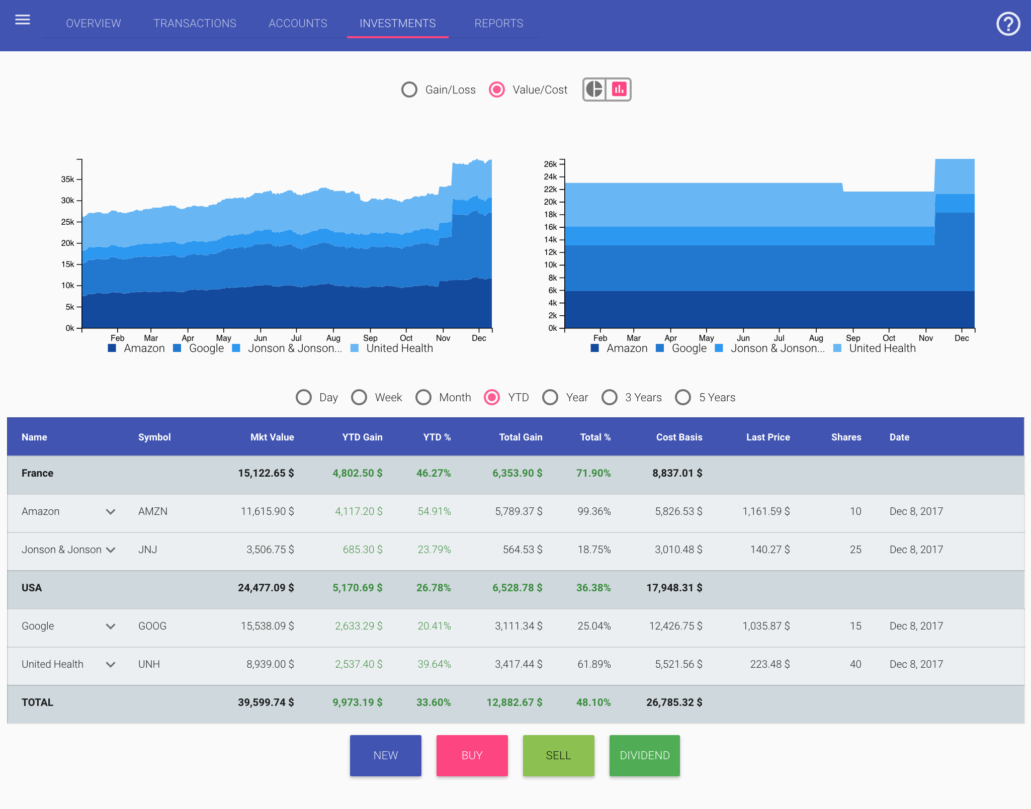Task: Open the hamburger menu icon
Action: pos(23,20)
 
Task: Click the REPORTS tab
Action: pos(498,24)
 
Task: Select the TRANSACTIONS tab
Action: pos(195,24)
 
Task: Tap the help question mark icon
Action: pos(1008,24)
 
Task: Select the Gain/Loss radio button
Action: pos(409,89)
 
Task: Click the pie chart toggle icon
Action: pos(594,89)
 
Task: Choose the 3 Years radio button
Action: pos(610,397)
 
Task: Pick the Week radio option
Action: pos(359,397)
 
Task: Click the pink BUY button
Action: pos(472,755)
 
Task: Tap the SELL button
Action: pos(558,755)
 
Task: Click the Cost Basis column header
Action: pos(678,437)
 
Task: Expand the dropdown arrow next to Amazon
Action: pos(111,512)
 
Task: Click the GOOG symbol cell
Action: pos(152,626)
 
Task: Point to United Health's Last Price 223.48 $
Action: pos(769,664)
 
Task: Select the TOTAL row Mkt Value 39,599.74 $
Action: pos(266,702)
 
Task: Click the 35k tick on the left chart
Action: pos(68,179)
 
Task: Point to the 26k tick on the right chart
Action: pos(551,164)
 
